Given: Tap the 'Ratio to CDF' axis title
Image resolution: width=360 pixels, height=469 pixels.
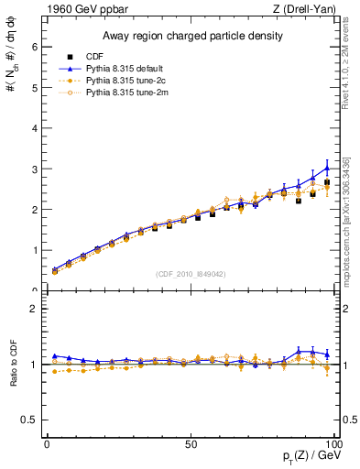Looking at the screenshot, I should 12,365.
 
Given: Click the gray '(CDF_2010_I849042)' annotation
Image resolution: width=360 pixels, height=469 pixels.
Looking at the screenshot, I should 191,273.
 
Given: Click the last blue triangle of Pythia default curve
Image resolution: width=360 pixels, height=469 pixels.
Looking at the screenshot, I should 327,169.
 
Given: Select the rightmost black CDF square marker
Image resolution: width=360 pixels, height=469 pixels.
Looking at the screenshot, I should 327,182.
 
